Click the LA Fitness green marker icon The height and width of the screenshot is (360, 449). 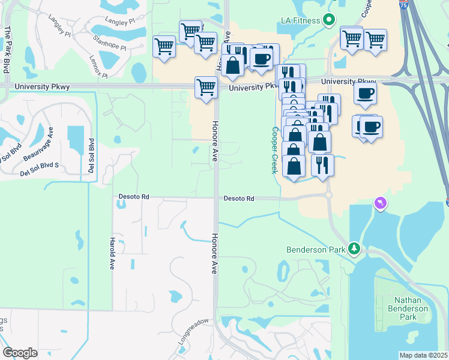click(x=328, y=20)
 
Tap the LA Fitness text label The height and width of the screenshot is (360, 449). click(x=301, y=20)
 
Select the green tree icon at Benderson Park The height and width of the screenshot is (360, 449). click(x=354, y=248)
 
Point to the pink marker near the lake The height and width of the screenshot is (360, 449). click(x=380, y=204)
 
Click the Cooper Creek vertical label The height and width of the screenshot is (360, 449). click(x=275, y=150)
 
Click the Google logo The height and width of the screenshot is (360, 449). click(x=20, y=353)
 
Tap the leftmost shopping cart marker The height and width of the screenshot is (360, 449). click(x=164, y=46)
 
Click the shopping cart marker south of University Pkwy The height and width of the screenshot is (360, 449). click(x=206, y=87)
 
